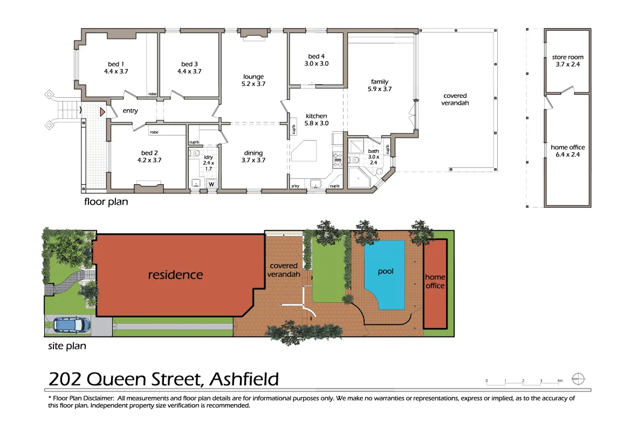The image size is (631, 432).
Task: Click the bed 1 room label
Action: [116, 64]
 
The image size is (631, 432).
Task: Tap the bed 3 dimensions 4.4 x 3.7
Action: [189, 71]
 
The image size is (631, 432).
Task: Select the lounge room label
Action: [253, 77]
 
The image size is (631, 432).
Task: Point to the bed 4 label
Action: [317, 56]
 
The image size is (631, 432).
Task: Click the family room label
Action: [380, 82]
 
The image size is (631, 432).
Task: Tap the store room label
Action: [567, 57]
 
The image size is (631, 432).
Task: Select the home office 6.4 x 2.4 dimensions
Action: [567, 154]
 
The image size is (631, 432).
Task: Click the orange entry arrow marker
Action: [101, 112]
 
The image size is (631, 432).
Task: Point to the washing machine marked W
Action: [211, 183]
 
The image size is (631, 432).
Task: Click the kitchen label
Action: [317, 116]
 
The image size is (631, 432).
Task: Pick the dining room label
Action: [252, 153]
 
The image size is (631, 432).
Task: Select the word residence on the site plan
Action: [175, 275]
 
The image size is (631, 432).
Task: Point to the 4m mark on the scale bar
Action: [560, 381]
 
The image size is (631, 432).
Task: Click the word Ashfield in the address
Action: [244, 379]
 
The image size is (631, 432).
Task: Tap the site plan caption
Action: [67, 346]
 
